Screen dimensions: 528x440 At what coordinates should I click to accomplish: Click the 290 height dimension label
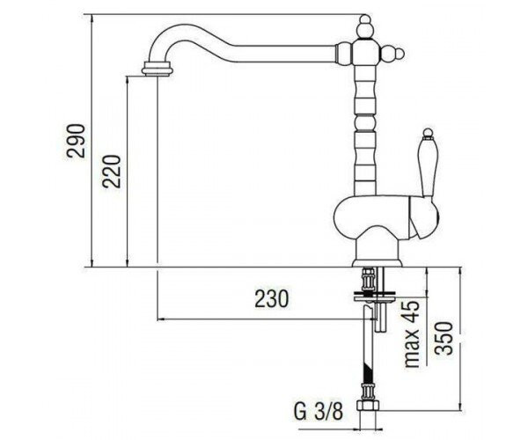(x=76, y=141)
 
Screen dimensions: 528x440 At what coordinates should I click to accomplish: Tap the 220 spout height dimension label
(x=112, y=171)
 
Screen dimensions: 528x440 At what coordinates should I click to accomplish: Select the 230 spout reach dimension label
(x=271, y=298)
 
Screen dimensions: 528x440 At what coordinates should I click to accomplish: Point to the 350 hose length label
(x=443, y=338)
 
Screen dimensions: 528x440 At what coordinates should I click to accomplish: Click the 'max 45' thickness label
(x=412, y=334)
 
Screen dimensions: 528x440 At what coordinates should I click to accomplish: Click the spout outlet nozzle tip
(x=158, y=69)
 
